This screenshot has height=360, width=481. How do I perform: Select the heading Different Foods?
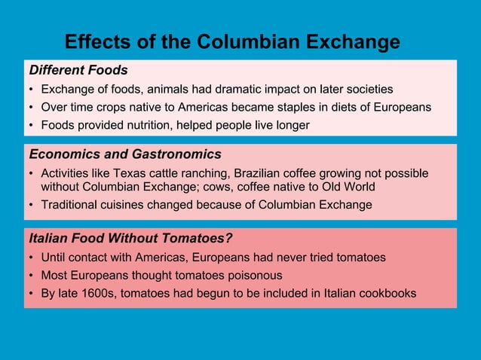pyautogui.click(x=78, y=70)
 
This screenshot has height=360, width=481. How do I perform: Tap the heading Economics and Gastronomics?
pyautogui.click(x=125, y=154)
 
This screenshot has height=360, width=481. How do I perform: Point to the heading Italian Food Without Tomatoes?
pyautogui.click(x=130, y=239)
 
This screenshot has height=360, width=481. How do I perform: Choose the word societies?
pyautogui.click(x=368, y=89)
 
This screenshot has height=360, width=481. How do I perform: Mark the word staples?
pyautogui.click(x=286, y=107)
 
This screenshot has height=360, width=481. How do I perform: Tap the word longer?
pyautogui.click(x=290, y=125)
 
